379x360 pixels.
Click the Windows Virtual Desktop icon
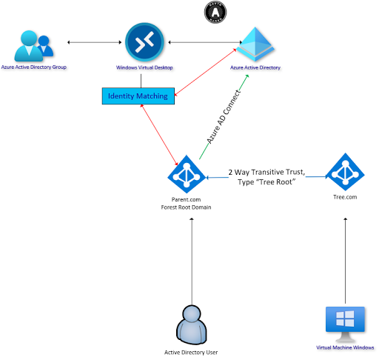(144, 41)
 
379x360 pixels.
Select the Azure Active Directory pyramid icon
(255, 44)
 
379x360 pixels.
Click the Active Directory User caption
(191, 352)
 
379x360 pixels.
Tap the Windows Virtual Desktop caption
(144, 67)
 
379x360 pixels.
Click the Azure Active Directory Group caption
(34, 67)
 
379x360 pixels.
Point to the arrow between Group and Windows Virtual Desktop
(92, 42)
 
